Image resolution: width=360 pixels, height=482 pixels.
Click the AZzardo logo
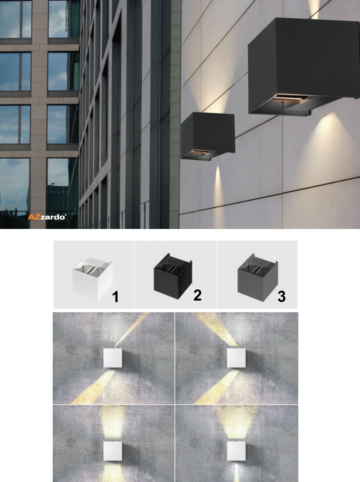click(47, 217)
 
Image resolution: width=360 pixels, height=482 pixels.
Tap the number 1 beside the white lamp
click(115, 297)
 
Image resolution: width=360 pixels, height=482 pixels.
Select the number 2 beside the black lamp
click(197, 295)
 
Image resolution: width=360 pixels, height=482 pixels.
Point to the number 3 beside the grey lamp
click(282, 297)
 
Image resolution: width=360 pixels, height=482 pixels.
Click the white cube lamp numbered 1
click(93, 277)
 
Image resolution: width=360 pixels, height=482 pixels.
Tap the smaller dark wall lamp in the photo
click(208, 136)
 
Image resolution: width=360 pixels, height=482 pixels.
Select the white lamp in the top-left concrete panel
click(113, 358)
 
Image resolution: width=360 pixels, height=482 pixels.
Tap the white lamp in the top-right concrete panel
click(236, 358)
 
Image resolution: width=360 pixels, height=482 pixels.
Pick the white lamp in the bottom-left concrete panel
click(113, 451)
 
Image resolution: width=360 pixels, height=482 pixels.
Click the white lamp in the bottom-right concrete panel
click(236, 451)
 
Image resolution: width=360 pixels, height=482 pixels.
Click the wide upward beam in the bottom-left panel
click(112, 423)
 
